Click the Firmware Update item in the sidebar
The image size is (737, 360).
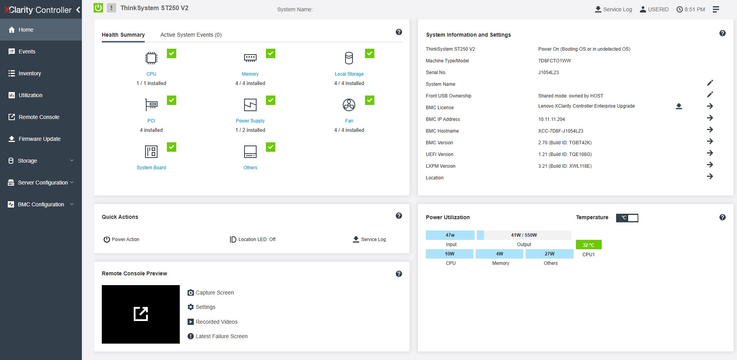point(39,139)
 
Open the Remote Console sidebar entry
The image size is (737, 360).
point(39,117)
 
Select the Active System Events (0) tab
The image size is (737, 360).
point(191,35)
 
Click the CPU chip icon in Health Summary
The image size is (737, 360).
point(151,58)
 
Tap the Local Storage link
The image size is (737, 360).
point(349,74)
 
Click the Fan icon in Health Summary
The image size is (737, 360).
point(349,105)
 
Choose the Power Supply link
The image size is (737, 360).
point(250,121)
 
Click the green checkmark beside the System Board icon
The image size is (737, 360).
point(172,147)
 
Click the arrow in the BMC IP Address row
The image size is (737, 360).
point(710,118)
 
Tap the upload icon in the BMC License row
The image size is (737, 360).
point(679,106)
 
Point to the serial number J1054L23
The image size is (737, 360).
point(548,73)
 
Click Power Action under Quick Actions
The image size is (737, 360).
point(121,239)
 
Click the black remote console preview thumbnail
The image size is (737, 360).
point(141,314)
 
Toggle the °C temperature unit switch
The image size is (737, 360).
point(627,218)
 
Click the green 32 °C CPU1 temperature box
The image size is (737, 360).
point(588,245)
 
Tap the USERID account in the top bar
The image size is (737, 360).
point(654,9)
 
